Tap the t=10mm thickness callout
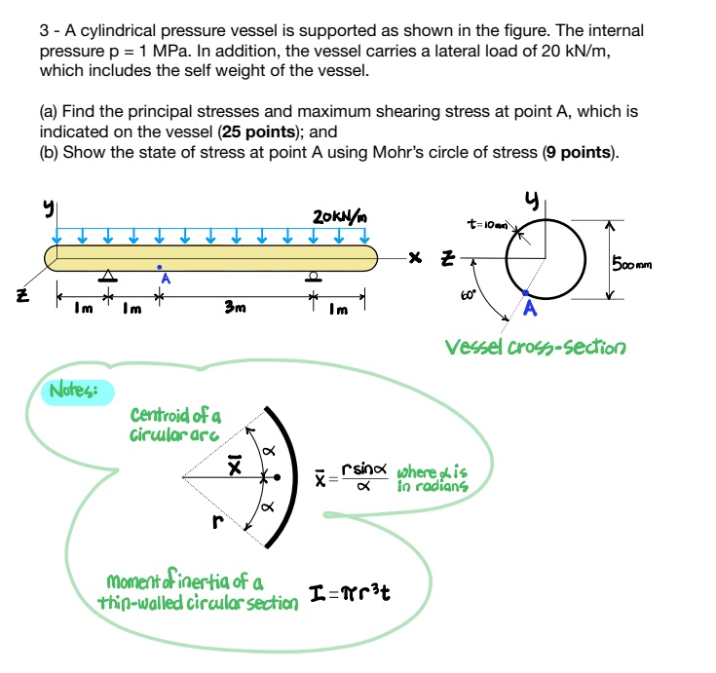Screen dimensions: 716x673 [x=490, y=224]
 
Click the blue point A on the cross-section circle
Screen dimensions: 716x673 [x=527, y=292]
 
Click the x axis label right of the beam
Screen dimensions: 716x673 [x=415, y=259]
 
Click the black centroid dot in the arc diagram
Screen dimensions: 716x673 [x=278, y=478]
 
